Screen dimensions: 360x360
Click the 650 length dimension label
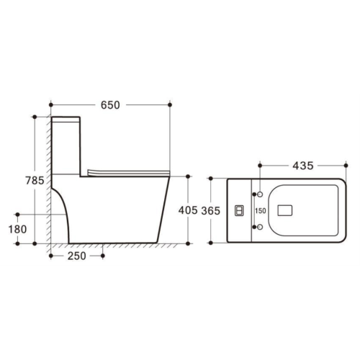coord(110,105)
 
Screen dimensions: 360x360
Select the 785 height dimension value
coord(35,181)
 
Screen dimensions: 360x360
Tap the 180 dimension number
coord(17,229)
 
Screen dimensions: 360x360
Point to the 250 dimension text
coord(76,256)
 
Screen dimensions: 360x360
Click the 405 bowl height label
coord(188,210)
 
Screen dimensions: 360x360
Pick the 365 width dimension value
coord(210,211)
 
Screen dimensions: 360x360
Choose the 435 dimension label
coord(303,166)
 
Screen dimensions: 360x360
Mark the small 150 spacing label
coord(261,211)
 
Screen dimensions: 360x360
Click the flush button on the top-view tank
coord(239,211)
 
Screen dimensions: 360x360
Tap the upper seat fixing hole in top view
coord(260,194)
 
